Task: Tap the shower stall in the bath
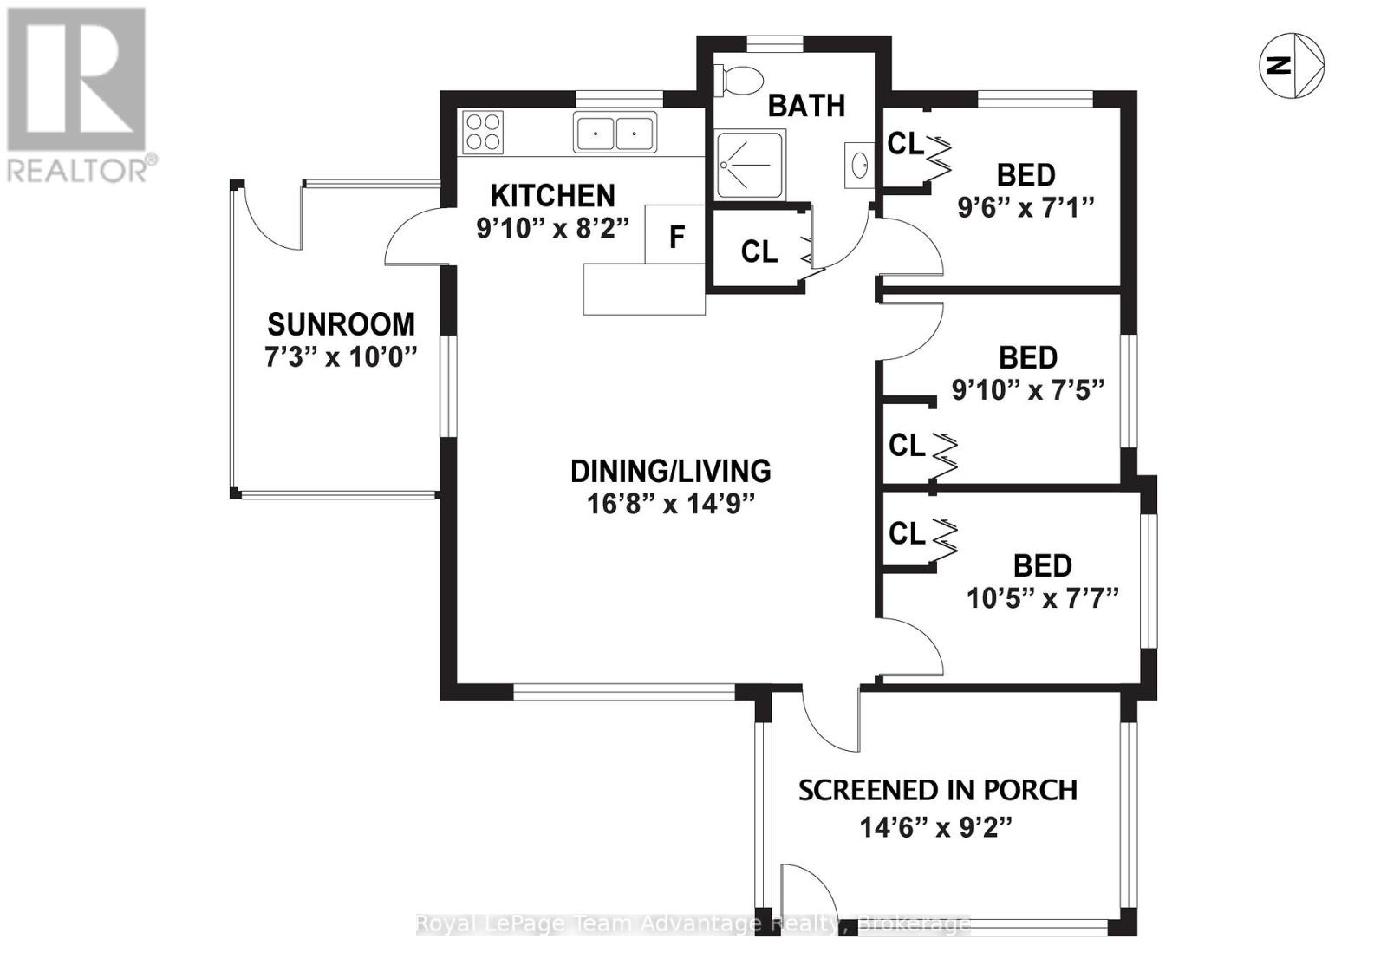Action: click(x=749, y=165)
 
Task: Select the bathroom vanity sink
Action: click(x=859, y=164)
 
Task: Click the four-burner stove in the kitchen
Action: click(x=483, y=133)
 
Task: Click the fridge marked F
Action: click(x=676, y=235)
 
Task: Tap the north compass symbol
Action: click(x=1291, y=65)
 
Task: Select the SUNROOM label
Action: click(x=341, y=324)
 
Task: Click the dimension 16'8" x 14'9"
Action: click(x=671, y=504)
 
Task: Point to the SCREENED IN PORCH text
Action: click(x=937, y=791)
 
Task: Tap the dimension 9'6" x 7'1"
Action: click(x=1026, y=208)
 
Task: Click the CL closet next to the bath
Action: click(x=759, y=251)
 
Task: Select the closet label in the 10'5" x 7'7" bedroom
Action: click(x=907, y=533)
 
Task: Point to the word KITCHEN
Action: click(x=552, y=195)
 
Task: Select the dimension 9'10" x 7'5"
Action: click(x=1027, y=390)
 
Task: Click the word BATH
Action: click(x=806, y=105)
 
